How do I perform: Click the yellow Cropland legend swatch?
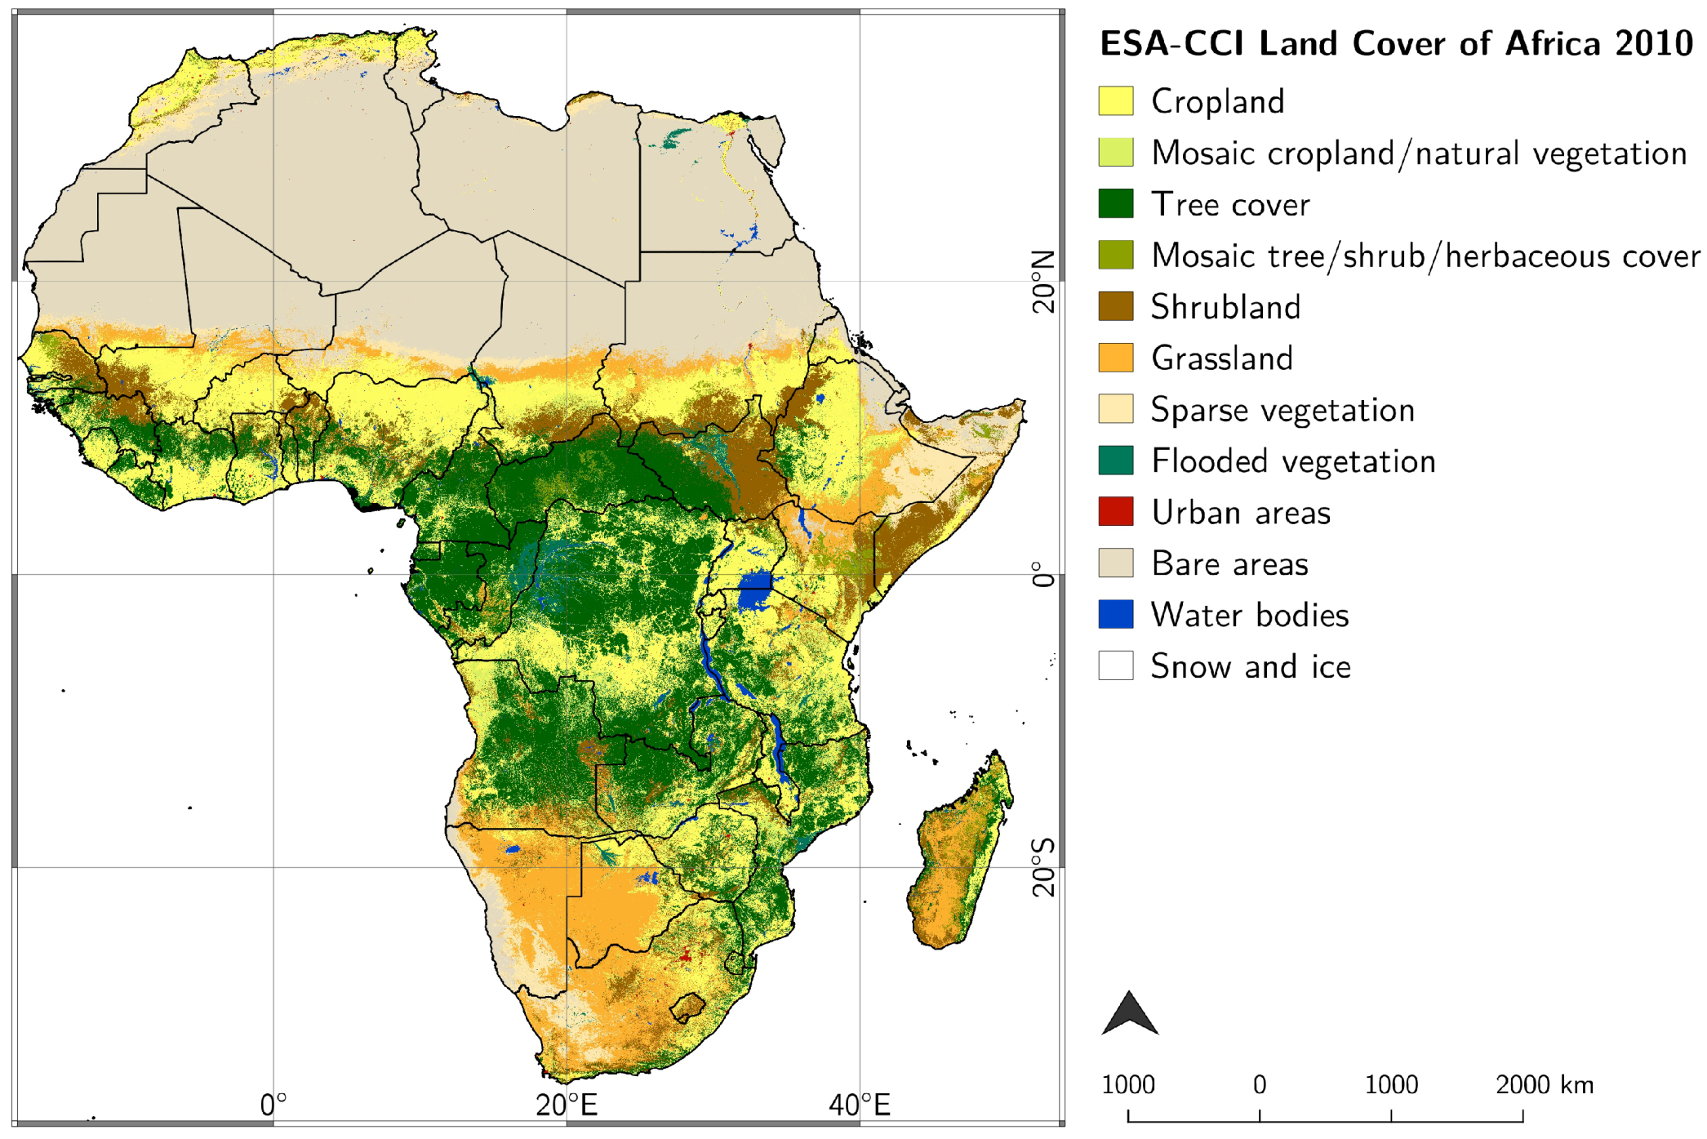tap(1115, 101)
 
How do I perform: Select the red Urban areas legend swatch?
tap(1115, 512)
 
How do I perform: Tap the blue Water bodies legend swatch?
tap(1115, 615)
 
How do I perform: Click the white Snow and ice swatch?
tap(1115, 665)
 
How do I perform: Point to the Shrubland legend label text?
tap(1225, 307)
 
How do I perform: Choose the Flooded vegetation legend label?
tap(1292, 461)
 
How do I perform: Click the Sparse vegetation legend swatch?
tap(1115, 409)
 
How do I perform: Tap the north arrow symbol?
tap(1129, 1015)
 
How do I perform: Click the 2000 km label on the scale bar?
tap(1544, 1085)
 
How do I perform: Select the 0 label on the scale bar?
tap(1260, 1085)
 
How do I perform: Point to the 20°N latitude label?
tap(1043, 282)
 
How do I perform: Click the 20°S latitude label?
tap(1043, 867)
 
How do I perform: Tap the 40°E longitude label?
tap(859, 1106)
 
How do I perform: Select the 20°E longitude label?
tap(567, 1106)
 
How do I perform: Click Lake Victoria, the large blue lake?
tap(755, 591)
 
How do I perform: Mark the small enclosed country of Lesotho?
tap(688, 1008)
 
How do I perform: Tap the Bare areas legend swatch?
tap(1115, 563)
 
